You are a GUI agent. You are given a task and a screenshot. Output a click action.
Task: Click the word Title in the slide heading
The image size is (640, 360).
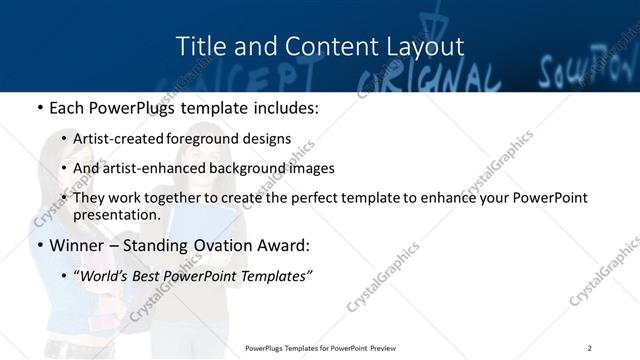(199, 46)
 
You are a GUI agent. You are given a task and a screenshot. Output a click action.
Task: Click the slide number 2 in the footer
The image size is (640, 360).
(590, 347)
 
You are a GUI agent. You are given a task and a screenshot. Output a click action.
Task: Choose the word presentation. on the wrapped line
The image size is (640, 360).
(117, 215)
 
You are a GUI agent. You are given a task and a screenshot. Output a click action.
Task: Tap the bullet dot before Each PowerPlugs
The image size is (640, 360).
(39, 106)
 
